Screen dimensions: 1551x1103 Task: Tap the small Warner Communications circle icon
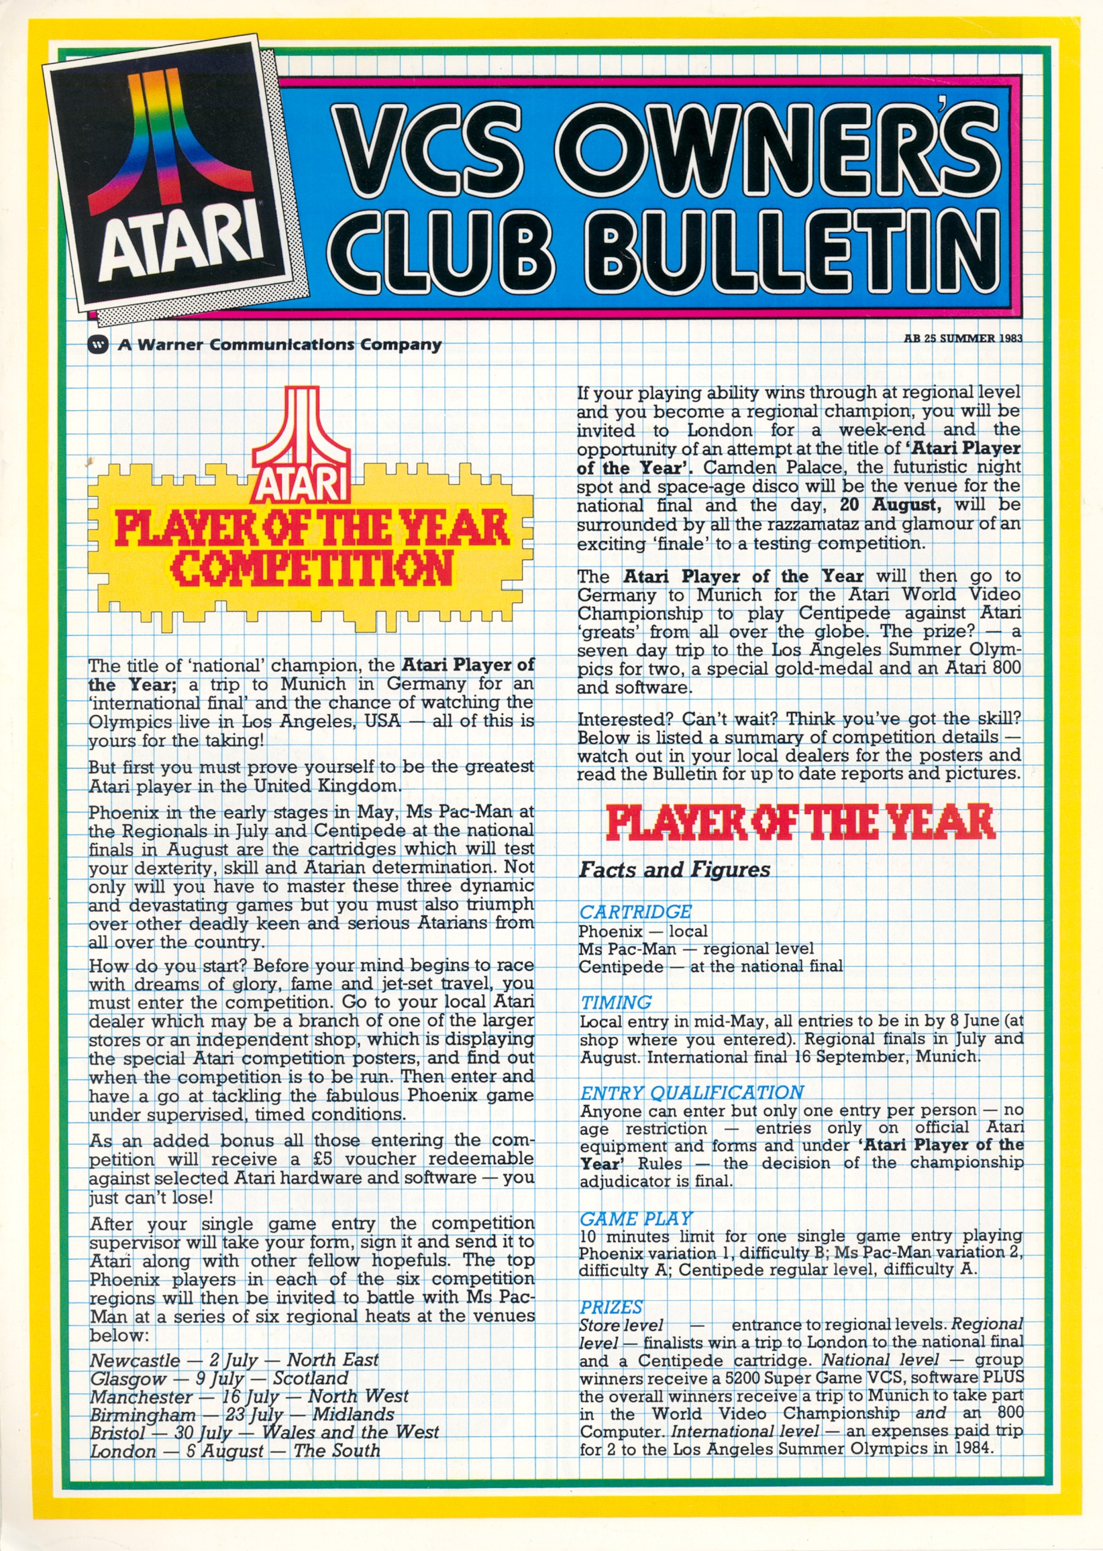(x=99, y=344)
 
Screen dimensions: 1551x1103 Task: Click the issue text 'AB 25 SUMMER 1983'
(x=962, y=338)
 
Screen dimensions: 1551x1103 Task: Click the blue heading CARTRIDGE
(x=635, y=911)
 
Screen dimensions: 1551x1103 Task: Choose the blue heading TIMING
(x=615, y=1002)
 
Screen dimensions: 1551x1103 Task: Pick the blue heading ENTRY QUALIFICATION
(x=692, y=1092)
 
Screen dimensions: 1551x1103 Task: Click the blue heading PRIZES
(x=611, y=1308)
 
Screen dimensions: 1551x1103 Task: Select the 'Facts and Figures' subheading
(x=674, y=870)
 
